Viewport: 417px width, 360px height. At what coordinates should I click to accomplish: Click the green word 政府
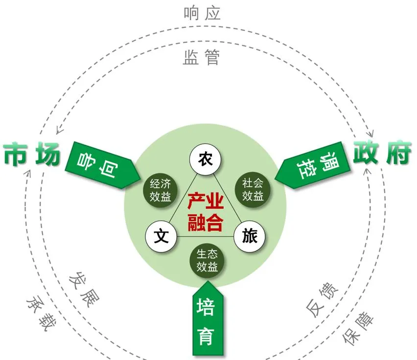pyautogui.click(x=382, y=153)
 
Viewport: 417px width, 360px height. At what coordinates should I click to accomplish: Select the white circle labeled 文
pyautogui.click(x=161, y=236)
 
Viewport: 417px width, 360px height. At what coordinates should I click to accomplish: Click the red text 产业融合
pyautogui.click(x=206, y=212)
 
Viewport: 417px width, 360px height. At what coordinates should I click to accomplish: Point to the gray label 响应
pyautogui.click(x=202, y=13)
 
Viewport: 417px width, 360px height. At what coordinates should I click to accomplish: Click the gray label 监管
pyautogui.click(x=202, y=57)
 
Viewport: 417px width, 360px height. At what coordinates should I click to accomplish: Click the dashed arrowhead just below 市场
pyautogui.click(x=28, y=172)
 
